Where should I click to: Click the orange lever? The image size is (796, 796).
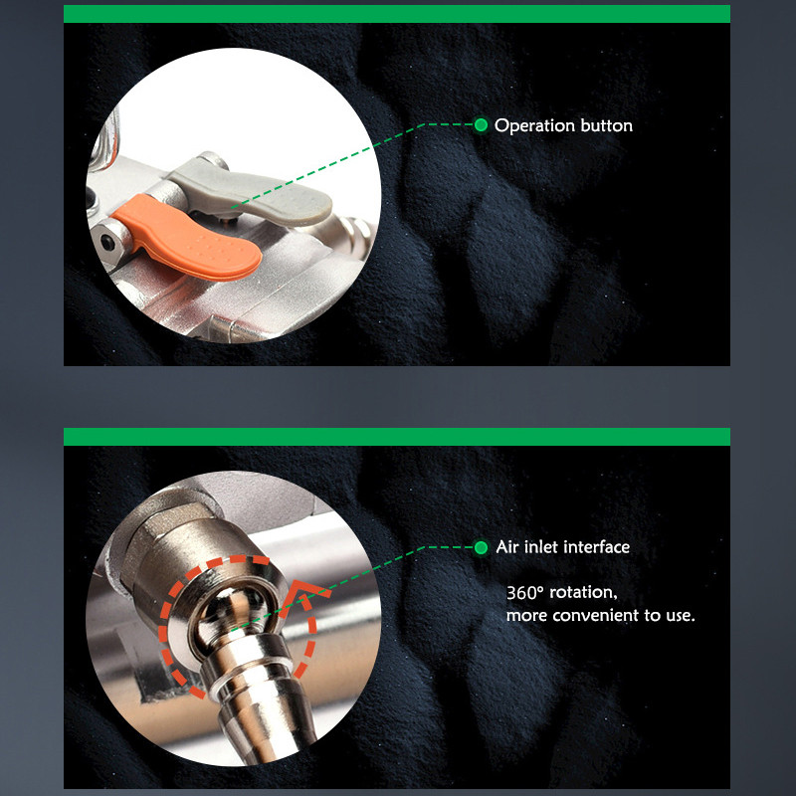pyautogui.click(x=193, y=239)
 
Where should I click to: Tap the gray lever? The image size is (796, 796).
pyautogui.click(x=254, y=190)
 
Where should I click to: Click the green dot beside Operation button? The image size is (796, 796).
pyautogui.click(x=481, y=124)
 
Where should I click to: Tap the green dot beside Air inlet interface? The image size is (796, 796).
pyautogui.click(x=481, y=547)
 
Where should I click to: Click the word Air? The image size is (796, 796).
pyautogui.click(x=507, y=546)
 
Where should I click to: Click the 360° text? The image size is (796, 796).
pyautogui.click(x=525, y=592)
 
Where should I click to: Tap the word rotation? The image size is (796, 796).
pyautogui.click(x=584, y=592)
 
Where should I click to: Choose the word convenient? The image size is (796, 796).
pyautogui.click(x=595, y=615)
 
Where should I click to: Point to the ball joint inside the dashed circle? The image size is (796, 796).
pyautogui.click(x=233, y=614)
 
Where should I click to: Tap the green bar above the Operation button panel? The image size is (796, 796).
pyautogui.click(x=397, y=14)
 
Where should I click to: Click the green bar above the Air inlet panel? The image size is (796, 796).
pyautogui.click(x=397, y=437)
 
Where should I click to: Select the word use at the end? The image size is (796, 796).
pyautogui.click(x=679, y=616)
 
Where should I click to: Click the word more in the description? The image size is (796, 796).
pyautogui.click(x=527, y=616)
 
